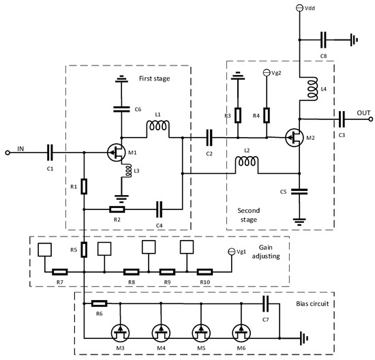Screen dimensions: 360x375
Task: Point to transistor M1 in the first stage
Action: click(x=117, y=152)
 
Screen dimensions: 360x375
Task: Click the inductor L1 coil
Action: click(x=159, y=127)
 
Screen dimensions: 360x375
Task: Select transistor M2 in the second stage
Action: click(x=295, y=138)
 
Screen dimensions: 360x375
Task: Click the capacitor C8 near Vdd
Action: click(x=329, y=39)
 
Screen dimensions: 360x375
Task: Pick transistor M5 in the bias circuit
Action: click(x=203, y=333)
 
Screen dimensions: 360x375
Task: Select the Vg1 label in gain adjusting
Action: click(x=243, y=252)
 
